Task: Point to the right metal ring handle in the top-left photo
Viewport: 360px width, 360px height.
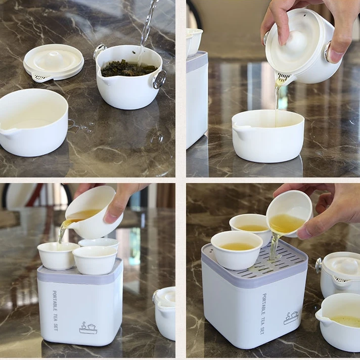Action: [159, 79]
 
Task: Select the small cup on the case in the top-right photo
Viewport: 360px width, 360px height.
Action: [194, 40]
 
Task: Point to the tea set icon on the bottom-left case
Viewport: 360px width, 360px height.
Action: [88, 328]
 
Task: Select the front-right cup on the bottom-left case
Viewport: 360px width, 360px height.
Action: [95, 260]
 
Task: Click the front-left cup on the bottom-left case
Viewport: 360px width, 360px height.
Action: [58, 256]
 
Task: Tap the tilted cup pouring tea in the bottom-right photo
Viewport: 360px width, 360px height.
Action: [289, 213]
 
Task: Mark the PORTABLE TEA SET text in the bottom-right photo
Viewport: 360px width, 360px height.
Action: [263, 313]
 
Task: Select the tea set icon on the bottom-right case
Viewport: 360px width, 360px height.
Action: [291, 318]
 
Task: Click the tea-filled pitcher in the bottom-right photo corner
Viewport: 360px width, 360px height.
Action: [340, 321]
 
